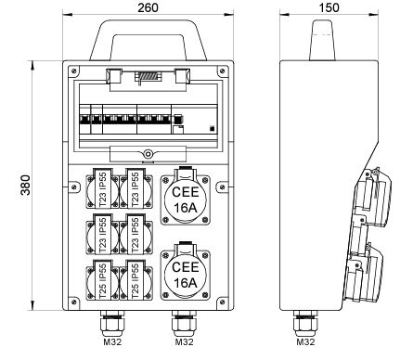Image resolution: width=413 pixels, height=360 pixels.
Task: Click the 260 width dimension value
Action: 148,7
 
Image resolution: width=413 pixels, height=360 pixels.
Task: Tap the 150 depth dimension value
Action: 329,7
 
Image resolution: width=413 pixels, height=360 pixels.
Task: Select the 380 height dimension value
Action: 26,185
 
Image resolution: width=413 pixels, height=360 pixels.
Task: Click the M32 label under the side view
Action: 305,342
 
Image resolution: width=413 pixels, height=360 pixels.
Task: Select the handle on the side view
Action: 322,40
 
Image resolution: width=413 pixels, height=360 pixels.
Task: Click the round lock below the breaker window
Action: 148,154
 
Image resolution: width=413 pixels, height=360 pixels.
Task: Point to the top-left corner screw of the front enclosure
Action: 73,71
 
